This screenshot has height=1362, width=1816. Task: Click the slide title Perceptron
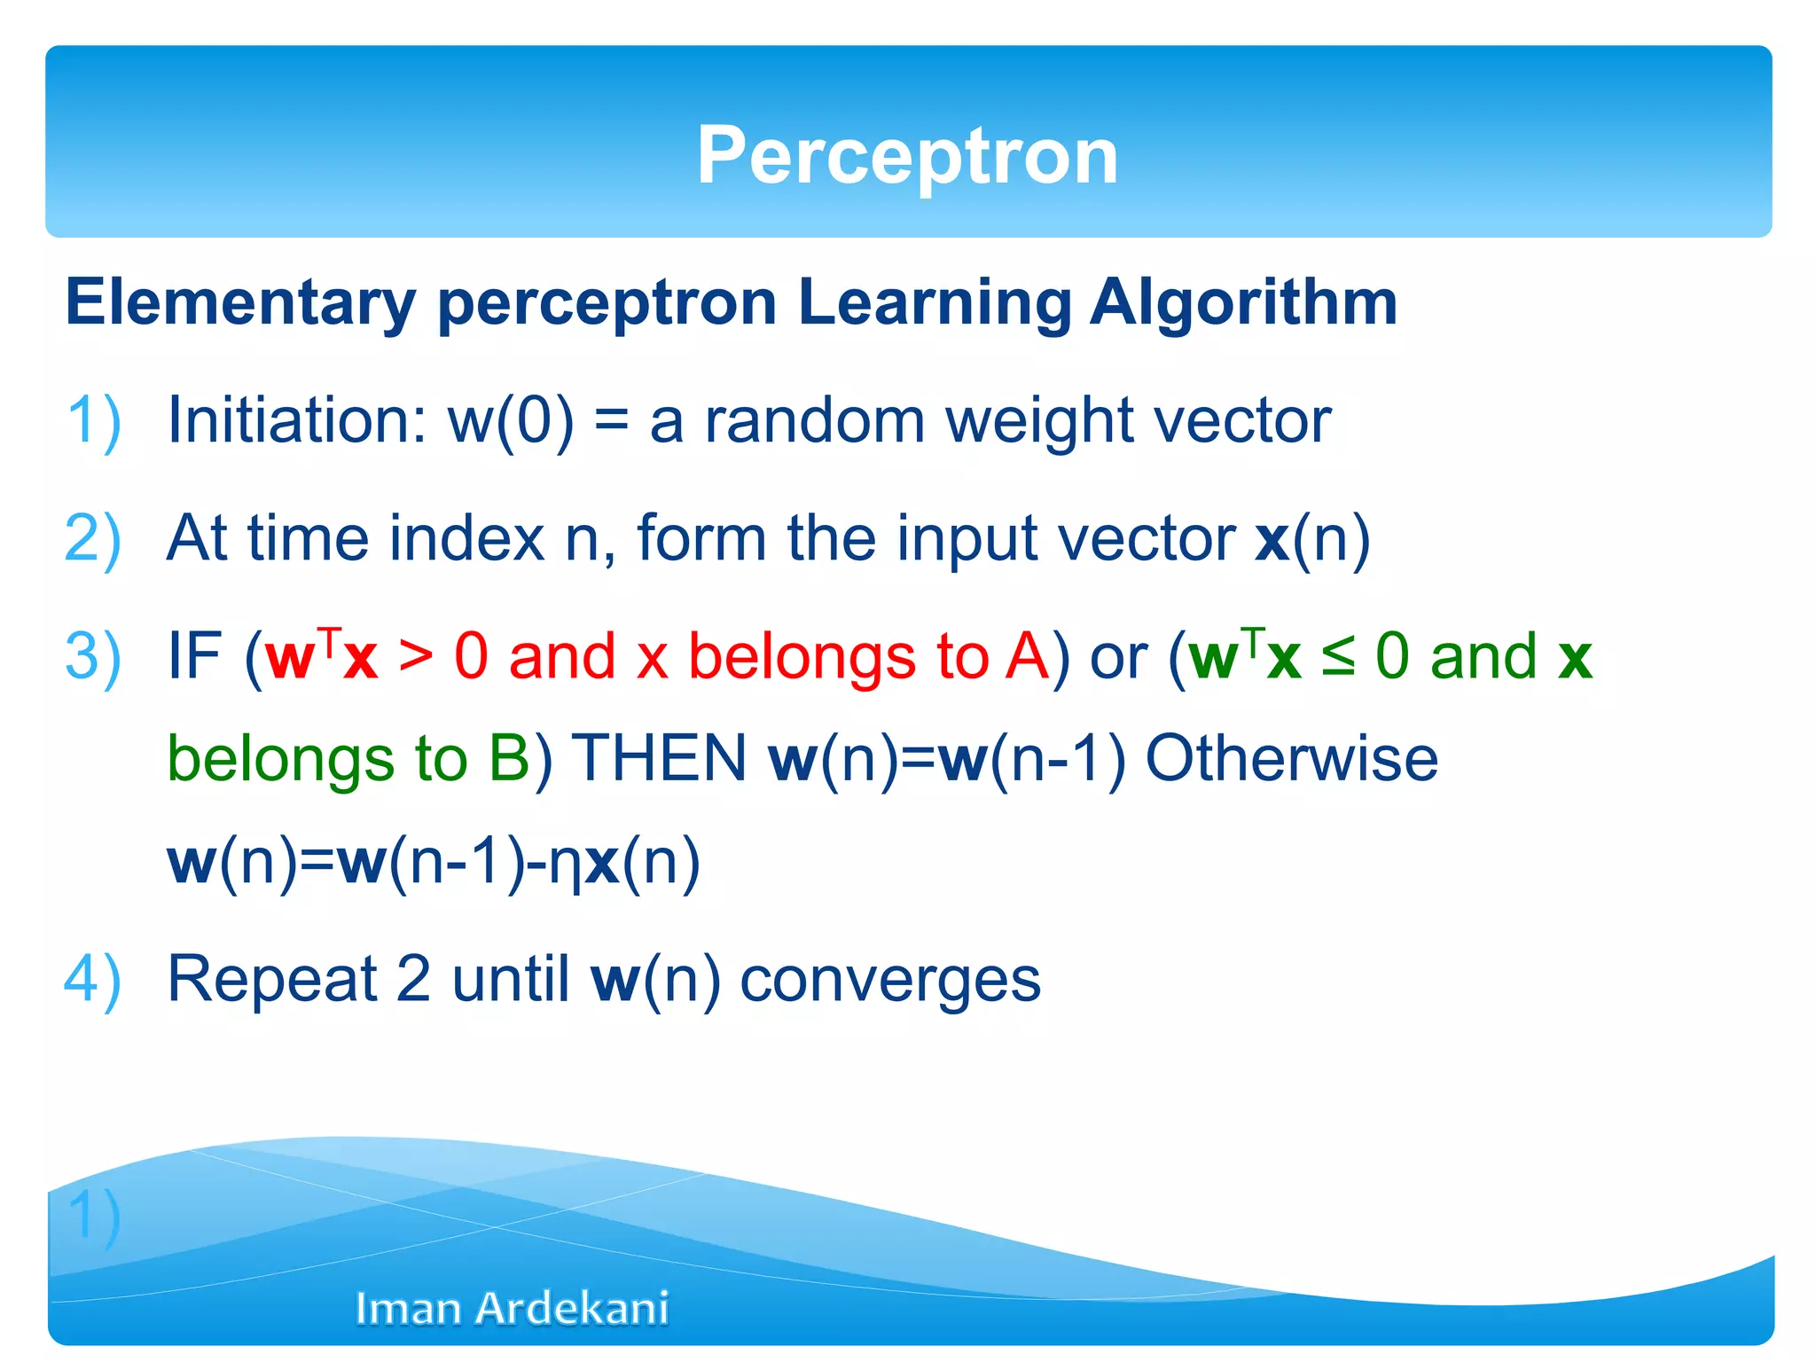[x=907, y=156]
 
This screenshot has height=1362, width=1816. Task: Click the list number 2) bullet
[x=92, y=538]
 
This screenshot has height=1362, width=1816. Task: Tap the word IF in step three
[x=194, y=657]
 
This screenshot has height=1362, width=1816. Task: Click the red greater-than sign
[x=416, y=657]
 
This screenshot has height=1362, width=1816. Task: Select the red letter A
[x=1027, y=657]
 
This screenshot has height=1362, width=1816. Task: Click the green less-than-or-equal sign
[x=1338, y=657]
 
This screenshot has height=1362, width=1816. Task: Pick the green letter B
[x=509, y=759]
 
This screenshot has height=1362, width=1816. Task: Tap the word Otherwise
[x=1291, y=759]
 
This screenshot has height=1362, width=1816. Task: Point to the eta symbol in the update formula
[x=565, y=865]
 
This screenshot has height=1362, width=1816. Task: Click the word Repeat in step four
[x=272, y=979]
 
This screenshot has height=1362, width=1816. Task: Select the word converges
[x=890, y=981]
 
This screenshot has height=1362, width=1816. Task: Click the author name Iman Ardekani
[x=512, y=1308]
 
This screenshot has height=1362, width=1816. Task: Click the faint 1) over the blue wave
[x=94, y=1216]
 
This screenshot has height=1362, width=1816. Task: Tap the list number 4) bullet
[x=92, y=979]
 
